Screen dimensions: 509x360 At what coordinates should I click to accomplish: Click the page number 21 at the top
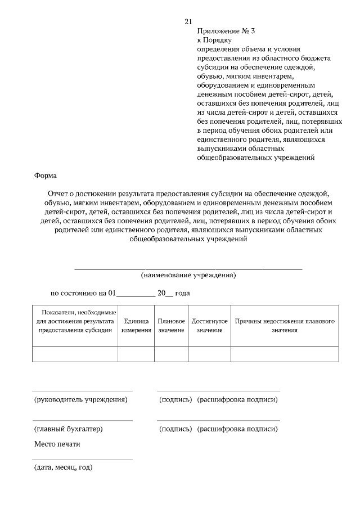pos(188,22)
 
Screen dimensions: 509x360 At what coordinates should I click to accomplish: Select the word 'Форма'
pos(46,175)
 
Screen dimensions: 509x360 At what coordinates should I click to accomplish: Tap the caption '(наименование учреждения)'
pos(188,275)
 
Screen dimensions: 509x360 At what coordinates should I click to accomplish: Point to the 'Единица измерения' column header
pos(136,325)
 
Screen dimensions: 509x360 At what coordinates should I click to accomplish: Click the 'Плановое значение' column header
pos(171,325)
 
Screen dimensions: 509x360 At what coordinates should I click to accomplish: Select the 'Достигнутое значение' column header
pos(209,325)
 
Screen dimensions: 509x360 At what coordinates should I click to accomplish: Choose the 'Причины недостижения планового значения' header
pos(285,325)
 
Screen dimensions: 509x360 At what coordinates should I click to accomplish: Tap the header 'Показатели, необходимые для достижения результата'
pos(75,321)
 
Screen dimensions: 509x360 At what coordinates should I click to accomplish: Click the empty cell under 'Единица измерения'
pos(136,354)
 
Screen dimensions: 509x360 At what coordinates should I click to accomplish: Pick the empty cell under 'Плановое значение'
pos(171,354)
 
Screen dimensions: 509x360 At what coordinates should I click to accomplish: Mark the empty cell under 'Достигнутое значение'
pos(209,354)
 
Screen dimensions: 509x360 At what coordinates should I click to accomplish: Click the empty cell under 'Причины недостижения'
pos(285,354)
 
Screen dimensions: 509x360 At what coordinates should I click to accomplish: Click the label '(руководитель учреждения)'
pos(81,400)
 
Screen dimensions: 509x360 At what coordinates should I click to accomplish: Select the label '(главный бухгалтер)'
pos(69,429)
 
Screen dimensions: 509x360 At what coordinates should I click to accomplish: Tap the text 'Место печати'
pos(57,444)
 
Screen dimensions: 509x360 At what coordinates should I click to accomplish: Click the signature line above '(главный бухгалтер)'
pos(83,420)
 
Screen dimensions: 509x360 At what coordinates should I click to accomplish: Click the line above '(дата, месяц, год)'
pos(83,459)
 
